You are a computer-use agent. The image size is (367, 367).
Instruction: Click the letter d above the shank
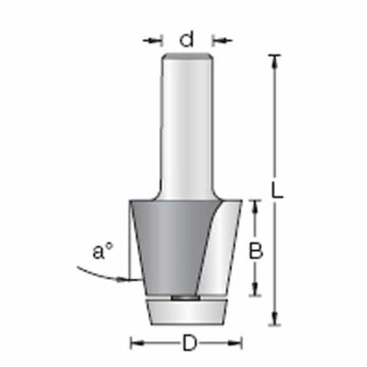pyautogui.click(x=187, y=37)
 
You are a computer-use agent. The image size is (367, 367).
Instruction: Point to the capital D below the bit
pyautogui.click(x=188, y=343)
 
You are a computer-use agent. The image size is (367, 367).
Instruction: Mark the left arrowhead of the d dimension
pyautogui.click(x=158, y=38)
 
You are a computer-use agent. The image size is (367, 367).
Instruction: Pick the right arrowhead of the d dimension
pyautogui.click(x=216, y=38)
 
